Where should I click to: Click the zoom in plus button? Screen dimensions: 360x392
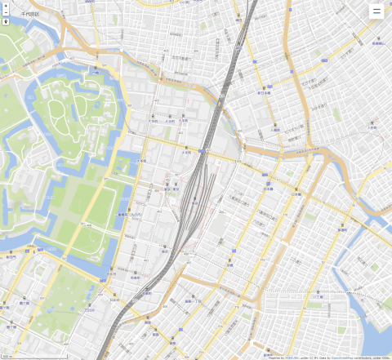[6, 6]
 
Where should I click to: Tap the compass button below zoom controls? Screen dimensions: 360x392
[6, 22]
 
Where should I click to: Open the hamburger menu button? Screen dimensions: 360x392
[376, 11]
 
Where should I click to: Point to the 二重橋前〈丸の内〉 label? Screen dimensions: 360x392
[130, 215]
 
